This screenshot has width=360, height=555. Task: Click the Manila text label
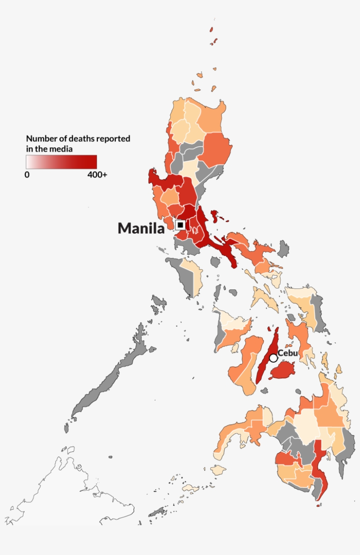coord(141,228)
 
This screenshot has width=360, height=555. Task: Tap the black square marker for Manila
coord(180,225)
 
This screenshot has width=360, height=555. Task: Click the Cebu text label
coord(288,353)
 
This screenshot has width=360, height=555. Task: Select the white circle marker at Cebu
coord(274,358)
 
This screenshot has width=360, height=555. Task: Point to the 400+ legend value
coord(97,175)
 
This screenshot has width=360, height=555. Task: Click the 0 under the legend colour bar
coord(27,175)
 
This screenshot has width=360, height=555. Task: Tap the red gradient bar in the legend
coord(61,162)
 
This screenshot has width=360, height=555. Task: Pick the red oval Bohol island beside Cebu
coord(283,371)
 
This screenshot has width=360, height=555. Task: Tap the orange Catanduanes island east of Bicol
coord(284,250)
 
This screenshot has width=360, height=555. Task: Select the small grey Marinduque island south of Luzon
coord(215,262)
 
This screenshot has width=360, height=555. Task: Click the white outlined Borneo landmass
coord(66,496)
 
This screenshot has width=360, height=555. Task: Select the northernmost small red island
coord(211,29)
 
